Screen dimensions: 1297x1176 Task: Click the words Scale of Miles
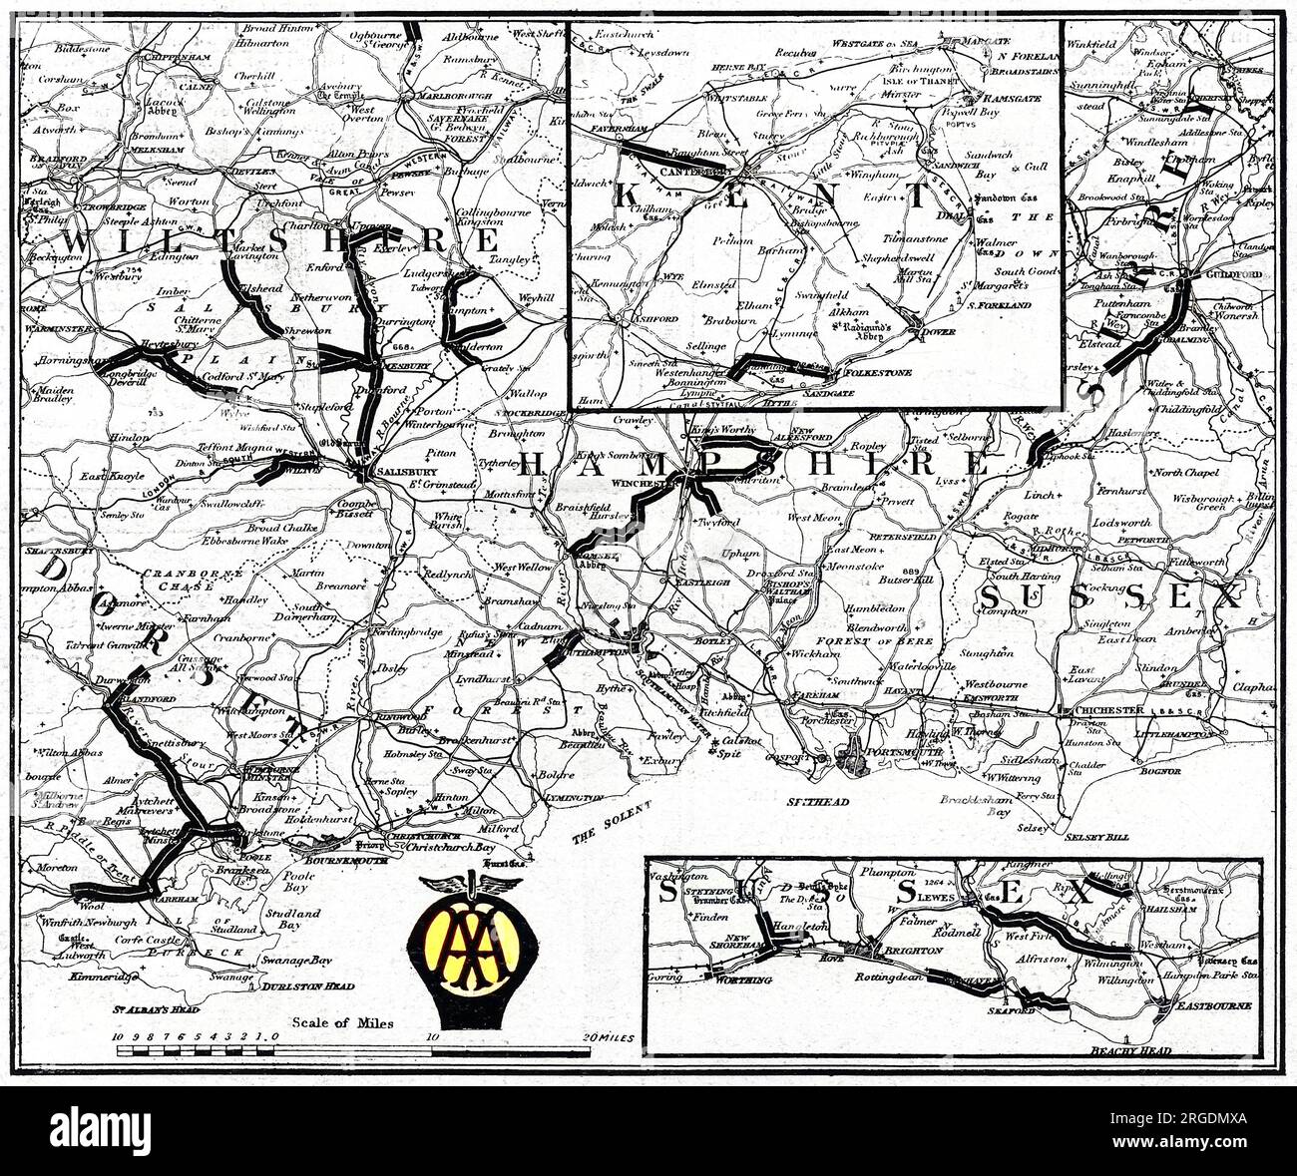pos(343,1022)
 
